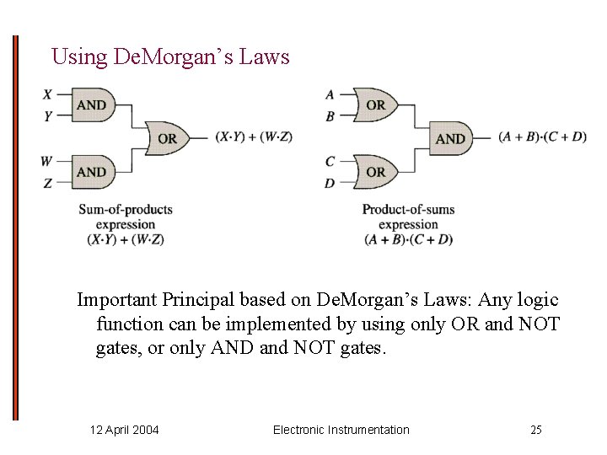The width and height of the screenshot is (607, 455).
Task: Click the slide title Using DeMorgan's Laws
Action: point(170,57)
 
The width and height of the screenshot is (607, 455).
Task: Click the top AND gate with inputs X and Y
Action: point(91,105)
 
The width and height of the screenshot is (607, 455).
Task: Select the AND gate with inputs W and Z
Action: point(91,172)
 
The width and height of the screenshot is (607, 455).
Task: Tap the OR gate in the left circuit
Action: point(166,138)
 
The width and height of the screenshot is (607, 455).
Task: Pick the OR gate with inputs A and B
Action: point(374,105)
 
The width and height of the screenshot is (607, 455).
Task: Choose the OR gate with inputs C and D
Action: point(374,172)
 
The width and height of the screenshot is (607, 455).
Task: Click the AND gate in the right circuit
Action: point(450,138)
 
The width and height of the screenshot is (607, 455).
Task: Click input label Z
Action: point(48,183)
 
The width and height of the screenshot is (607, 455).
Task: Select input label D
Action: point(330,183)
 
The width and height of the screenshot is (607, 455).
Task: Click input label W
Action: point(47,160)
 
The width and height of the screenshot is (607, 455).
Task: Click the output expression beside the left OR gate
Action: point(254,137)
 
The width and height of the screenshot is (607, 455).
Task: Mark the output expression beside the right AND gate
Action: point(542,137)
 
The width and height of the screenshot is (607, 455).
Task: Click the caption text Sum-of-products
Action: point(125,210)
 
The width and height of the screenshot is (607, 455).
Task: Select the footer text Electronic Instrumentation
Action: point(341,430)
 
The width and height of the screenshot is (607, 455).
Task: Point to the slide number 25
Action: point(536,430)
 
